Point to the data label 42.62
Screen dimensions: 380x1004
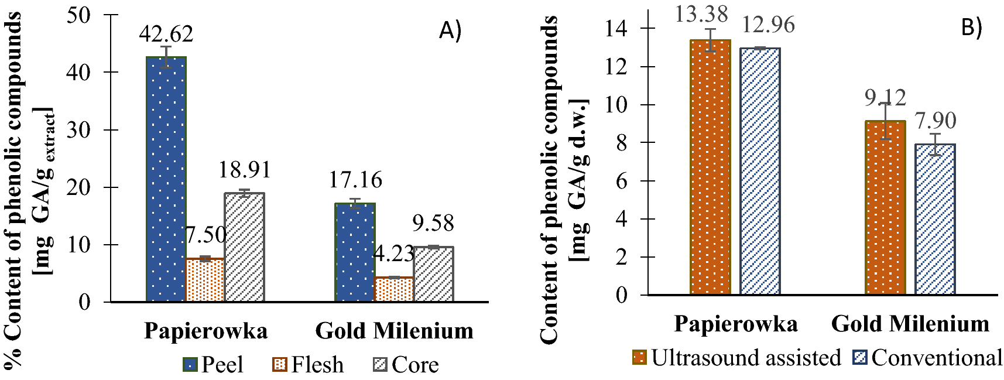click(166, 34)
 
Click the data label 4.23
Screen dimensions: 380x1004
click(393, 254)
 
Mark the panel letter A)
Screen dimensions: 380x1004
click(450, 30)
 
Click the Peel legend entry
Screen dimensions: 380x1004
click(213, 365)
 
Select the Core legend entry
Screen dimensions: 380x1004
click(406, 365)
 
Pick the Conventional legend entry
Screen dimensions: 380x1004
click(928, 357)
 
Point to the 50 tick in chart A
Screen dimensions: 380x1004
click(79, 15)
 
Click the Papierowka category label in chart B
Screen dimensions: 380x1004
click(735, 324)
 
